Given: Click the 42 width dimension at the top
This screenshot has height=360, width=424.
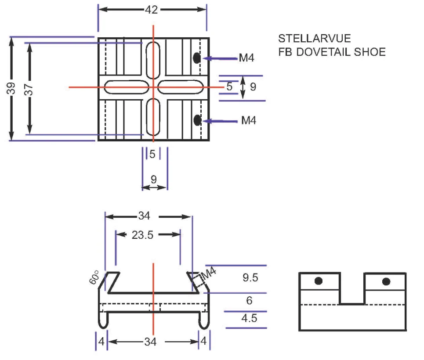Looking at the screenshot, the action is pyautogui.click(x=152, y=10).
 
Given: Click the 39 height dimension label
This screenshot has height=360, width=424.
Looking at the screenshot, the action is pyautogui.click(x=11, y=88).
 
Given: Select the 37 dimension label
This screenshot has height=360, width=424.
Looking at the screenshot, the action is pyautogui.click(x=29, y=90).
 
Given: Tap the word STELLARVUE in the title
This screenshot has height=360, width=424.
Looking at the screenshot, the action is pyautogui.click(x=315, y=38).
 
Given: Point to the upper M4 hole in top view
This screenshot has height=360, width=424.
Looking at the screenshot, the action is pyautogui.click(x=196, y=58).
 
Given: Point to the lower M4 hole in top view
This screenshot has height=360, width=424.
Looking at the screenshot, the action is pyautogui.click(x=197, y=120).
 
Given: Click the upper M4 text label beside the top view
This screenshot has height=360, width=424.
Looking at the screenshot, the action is pyautogui.click(x=246, y=58).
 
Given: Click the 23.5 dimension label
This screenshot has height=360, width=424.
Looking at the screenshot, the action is pyautogui.click(x=142, y=235).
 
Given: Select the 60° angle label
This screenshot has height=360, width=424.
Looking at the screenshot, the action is pyautogui.click(x=94, y=277).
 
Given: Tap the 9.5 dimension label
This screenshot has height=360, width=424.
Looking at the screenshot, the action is pyautogui.click(x=250, y=277).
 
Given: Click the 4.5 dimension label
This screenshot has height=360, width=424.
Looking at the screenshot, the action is pyautogui.click(x=249, y=318).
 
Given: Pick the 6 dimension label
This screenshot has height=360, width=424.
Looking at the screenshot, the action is pyautogui.click(x=249, y=301).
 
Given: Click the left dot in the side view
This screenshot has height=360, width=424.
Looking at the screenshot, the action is pyautogui.click(x=319, y=281).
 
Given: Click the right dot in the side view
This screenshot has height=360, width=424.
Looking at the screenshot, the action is pyautogui.click(x=386, y=281).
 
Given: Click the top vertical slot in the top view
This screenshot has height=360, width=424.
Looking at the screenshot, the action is pyautogui.click(x=153, y=60).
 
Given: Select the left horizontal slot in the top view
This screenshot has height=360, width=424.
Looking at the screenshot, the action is pyautogui.click(x=127, y=87).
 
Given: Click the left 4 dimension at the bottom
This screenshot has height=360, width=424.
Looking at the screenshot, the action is pyautogui.click(x=101, y=342).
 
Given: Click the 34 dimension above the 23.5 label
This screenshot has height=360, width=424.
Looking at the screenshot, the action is pyautogui.click(x=144, y=216).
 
